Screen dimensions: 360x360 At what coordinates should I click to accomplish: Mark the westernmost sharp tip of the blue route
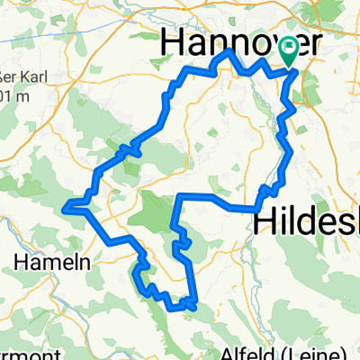coord(64,210)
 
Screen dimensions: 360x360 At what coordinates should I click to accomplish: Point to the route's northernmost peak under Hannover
coord(229,51)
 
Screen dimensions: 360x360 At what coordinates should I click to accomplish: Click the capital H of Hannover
coord(172,43)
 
